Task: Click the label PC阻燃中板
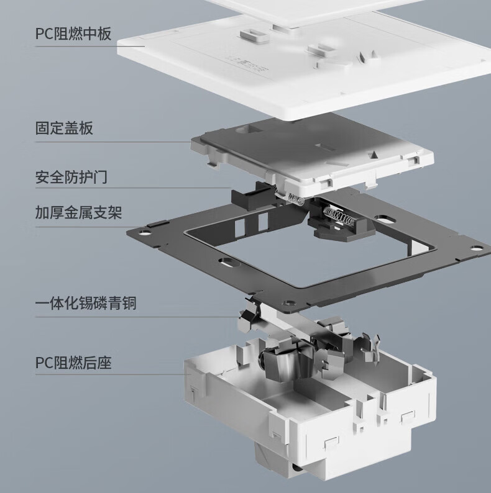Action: [x=73, y=34]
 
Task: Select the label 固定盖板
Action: [x=64, y=129]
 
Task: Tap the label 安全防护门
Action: [x=71, y=177]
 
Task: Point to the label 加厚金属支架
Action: [x=78, y=212]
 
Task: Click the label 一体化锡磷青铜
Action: [x=86, y=304]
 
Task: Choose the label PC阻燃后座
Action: [x=73, y=362]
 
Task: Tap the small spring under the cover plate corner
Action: [x=296, y=199]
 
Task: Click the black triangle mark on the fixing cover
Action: [x=374, y=155]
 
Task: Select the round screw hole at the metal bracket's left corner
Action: [x=144, y=233]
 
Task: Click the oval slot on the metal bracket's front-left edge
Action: [x=227, y=261]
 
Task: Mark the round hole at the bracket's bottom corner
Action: [x=288, y=304]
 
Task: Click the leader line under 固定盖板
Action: [x=113, y=142]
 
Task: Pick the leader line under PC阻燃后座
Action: [x=113, y=374]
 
